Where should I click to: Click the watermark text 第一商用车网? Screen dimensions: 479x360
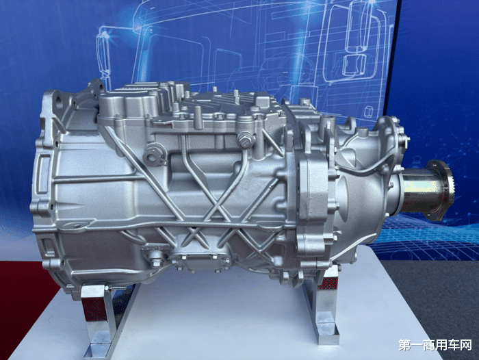435,346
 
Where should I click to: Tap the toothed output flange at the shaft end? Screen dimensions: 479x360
441,190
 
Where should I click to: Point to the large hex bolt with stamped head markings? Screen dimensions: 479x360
245,140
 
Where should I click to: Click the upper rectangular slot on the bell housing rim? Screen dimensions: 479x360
42,168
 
